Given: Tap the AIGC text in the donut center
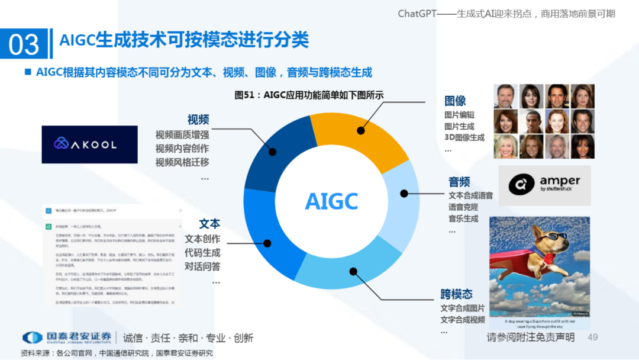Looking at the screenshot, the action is (x=331, y=201).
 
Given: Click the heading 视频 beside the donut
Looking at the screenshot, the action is (x=198, y=120).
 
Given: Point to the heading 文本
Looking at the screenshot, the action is (x=209, y=224).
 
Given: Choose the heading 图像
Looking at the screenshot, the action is (x=456, y=101).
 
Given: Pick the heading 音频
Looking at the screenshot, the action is (x=459, y=181).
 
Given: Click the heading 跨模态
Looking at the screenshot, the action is (x=456, y=294).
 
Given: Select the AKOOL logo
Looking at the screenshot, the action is (x=89, y=144).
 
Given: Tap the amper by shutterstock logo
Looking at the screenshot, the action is (x=544, y=185).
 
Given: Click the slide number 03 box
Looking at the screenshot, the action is (x=24, y=44).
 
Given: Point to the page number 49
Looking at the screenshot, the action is (x=592, y=337).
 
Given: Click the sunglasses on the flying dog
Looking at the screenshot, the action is (x=556, y=238).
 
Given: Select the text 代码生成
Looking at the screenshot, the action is (x=202, y=252).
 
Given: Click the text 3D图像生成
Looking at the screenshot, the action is (x=464, y=138).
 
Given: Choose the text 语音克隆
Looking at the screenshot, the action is (x=463, y=207).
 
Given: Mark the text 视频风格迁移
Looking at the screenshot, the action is (x=182, y=162).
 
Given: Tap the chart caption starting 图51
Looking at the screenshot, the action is (x=309, y=95).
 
